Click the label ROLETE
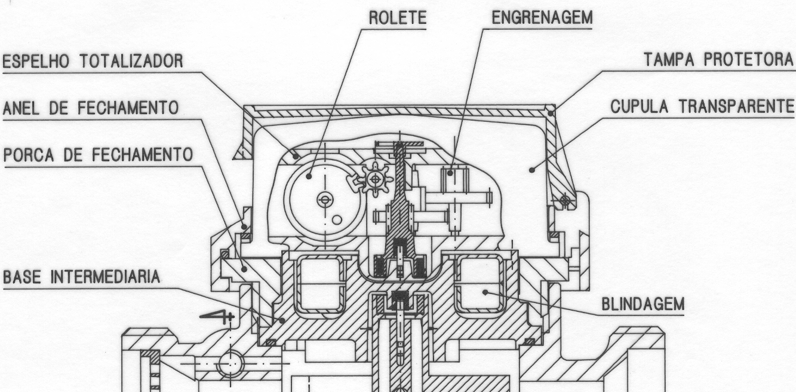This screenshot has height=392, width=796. coord(397,18)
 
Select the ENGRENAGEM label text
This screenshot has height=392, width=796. coord(542,17)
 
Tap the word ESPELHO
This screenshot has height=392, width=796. coord(36,62)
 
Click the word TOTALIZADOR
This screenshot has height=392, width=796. coord(131,61)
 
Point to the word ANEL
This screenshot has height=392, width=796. coord(21,108)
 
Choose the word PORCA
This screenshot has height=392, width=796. coord(29,155)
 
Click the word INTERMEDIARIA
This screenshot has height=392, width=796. coord(105,277)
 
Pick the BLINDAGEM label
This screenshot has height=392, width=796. coord(643,305)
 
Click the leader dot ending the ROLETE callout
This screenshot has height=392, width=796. coord(309,176)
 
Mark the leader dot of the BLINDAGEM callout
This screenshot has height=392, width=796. coord(485,292)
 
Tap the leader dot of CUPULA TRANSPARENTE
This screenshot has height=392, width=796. coord(531,170)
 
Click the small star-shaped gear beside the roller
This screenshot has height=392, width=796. coord(375,179)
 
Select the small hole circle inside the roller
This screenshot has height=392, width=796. coord(337,220)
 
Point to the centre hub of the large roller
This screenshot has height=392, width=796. coord(325,200)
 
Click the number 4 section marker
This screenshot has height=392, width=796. coord(216,316)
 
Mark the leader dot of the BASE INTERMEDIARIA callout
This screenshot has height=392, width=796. coord(282,320)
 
